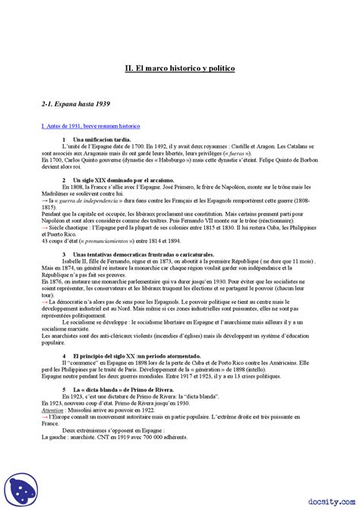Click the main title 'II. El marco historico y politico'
[180, 68]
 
